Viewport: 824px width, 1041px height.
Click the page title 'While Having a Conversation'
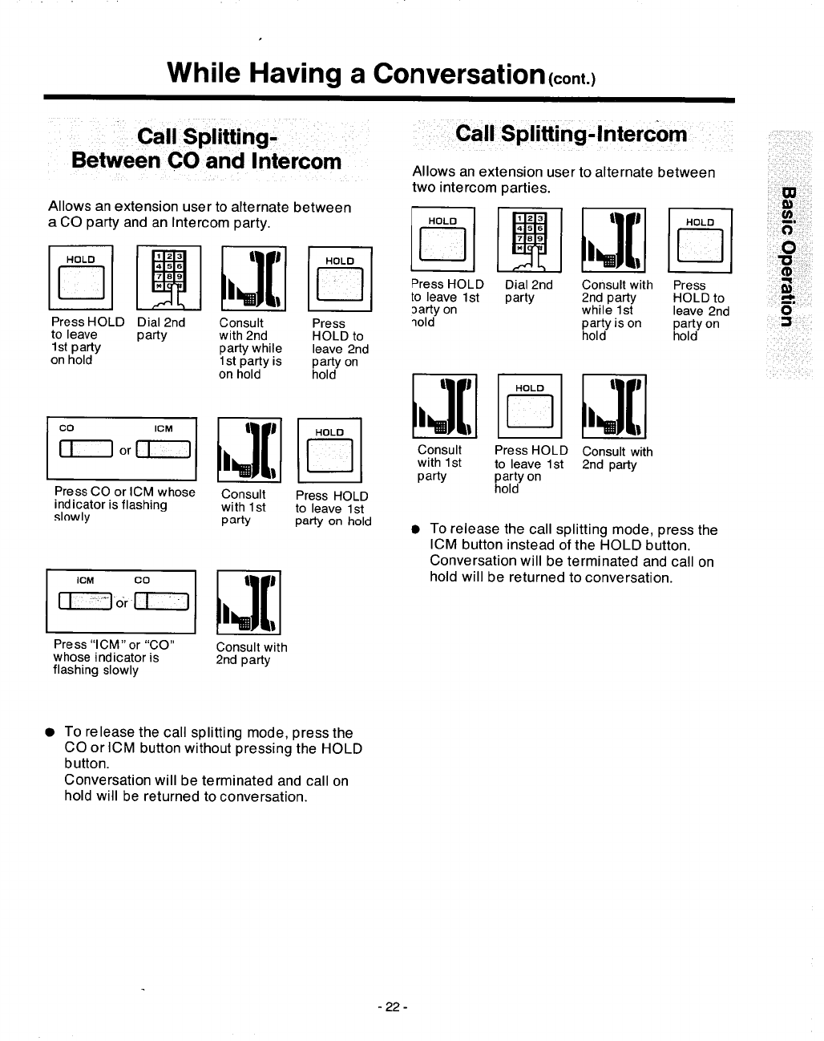coord(353,73)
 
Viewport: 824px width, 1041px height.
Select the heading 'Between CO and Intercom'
coord(207,160)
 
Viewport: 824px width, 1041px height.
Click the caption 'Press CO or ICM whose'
coord(124,492)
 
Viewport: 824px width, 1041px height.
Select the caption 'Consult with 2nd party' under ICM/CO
coord(251,654)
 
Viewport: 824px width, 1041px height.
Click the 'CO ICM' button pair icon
coord(122,452)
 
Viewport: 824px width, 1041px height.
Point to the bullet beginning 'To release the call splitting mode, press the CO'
coord(208,732)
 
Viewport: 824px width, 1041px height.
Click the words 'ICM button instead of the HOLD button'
coord(560,546)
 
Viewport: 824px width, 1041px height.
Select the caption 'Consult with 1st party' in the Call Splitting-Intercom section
coord(439,463)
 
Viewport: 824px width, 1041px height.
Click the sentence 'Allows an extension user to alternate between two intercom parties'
coord(563,180)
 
